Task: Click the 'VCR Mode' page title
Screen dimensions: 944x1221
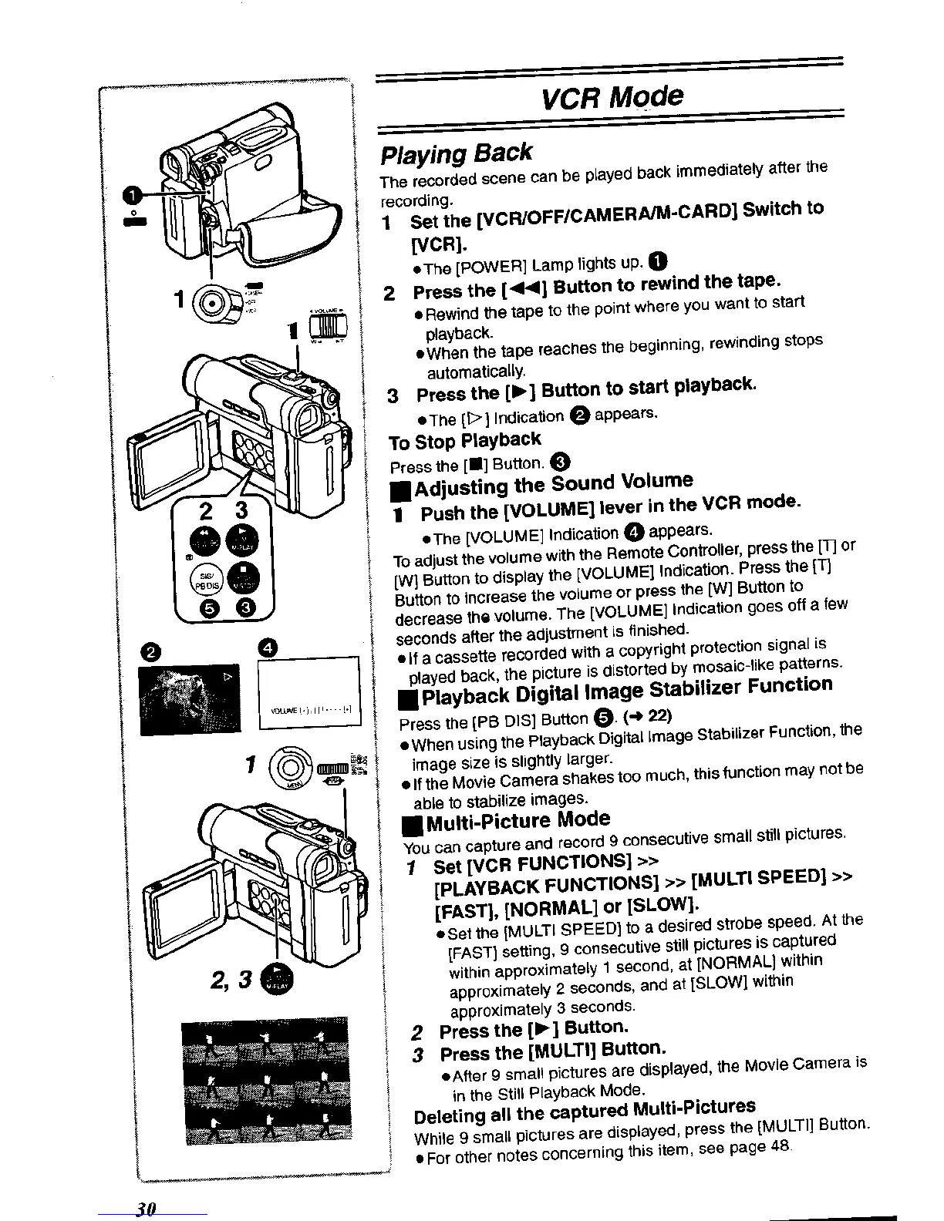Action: pyautogui.click(x=612, y=99)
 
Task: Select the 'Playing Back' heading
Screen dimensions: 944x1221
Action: pyautogui.click(x=457, y=153)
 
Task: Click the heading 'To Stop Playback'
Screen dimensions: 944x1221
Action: pyautogui.click(x=465, y=442)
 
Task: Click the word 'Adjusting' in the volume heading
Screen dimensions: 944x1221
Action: pyautogui.click(x=461, y=487)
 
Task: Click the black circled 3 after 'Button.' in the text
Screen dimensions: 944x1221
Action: pyautogui.click(x=561, y=462)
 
